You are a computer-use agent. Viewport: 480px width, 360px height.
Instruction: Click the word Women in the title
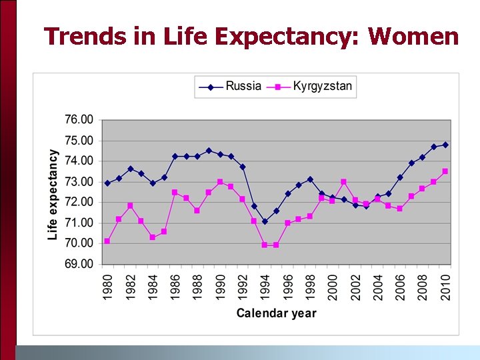click(413, 36)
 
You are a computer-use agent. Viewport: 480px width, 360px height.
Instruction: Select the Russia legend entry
click(243, 86)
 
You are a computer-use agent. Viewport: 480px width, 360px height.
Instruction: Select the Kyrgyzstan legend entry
click(323, 86)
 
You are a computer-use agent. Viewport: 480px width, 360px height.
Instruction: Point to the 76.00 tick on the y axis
click(79, 120)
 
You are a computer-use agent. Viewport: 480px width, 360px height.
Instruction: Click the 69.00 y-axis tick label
click(79, 264)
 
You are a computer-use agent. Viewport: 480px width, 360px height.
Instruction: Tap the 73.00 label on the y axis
click(79, 182)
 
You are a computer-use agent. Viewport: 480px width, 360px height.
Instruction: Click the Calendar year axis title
click(276, 313)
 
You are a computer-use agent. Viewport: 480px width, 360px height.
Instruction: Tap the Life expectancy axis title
click(53, 194)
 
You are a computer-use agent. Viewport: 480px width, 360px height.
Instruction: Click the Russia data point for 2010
click(445, 145)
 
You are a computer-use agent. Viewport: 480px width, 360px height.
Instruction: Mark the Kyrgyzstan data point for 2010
click(445, 171)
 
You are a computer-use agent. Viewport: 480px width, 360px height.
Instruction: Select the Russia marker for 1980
click(107, 183)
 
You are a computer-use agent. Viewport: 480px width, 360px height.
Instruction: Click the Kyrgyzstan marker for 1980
click(107, 241)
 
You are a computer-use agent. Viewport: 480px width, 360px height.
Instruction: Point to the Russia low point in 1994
click(265, 221)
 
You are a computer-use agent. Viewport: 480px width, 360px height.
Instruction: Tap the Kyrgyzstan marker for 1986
click(175, 192)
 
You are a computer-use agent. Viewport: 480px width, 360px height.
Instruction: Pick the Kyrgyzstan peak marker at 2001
click(343, 182)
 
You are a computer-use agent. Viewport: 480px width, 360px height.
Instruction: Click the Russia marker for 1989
click(209, 151)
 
